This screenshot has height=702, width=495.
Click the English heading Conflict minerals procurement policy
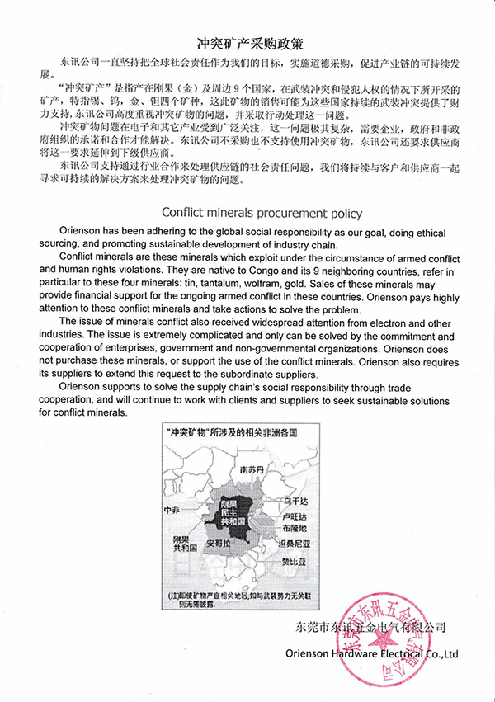(262, 213)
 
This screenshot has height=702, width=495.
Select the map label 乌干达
(295, 501)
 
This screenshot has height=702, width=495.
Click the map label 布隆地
(294, 527)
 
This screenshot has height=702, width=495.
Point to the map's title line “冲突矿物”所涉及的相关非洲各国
(230, 432)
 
